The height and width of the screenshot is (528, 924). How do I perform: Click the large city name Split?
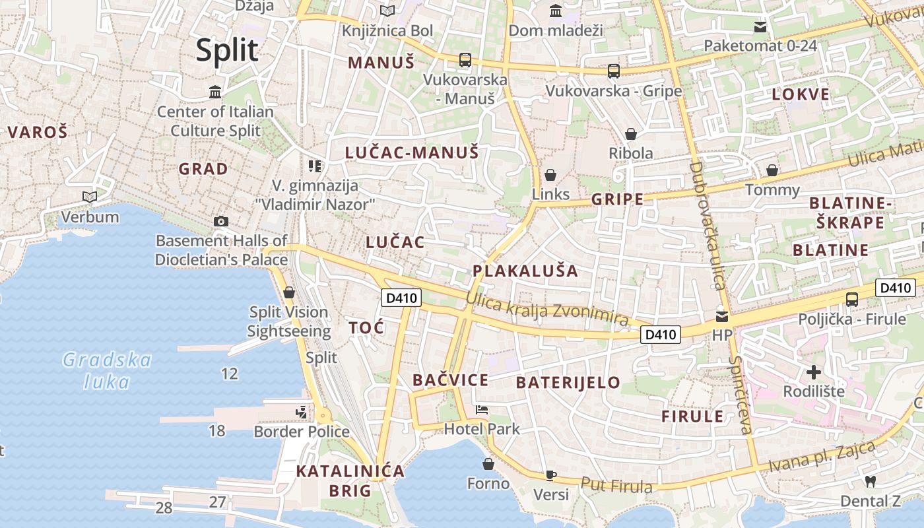226,50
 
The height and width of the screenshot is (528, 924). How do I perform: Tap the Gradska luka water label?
107,370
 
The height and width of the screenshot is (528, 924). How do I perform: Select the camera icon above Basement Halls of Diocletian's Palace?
221,222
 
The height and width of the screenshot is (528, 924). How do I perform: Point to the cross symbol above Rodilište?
814,372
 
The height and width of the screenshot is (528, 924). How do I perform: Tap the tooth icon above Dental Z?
870,482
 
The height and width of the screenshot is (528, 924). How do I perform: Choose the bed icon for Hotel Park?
482,410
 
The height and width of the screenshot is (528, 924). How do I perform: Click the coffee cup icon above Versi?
551,475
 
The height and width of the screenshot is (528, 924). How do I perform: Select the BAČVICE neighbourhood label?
450,380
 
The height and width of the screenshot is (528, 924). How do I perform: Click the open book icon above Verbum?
90,197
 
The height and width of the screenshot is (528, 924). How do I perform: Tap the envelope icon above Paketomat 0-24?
760,27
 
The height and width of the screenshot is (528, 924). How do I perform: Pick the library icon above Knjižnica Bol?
387,11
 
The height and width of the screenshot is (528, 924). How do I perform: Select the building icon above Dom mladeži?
556,11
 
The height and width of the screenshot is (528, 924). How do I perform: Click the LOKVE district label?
801,94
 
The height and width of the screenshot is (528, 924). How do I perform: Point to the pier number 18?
216,431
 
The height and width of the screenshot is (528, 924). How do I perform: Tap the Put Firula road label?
616,485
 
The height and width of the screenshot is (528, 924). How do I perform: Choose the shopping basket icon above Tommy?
772,171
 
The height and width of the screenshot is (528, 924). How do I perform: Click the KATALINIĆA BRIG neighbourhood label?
350,480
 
